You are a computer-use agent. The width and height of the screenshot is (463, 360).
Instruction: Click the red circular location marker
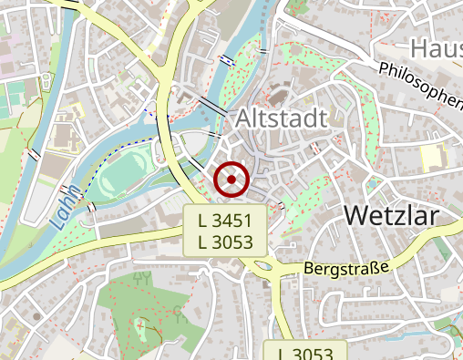pos(231,180)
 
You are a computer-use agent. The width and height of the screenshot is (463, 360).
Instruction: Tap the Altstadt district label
pos(281,118)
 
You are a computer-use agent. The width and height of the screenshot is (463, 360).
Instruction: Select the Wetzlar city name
pos(392,216)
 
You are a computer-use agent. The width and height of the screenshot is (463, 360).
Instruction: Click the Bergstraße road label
pos(345,269)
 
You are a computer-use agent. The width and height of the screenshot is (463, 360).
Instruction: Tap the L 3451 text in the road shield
pos(231,220)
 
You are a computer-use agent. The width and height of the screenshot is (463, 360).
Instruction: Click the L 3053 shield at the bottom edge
pos(304,352)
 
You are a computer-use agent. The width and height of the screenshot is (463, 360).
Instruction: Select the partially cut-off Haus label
pos(436,47)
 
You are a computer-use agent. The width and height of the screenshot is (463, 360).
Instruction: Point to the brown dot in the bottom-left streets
pos(36,316)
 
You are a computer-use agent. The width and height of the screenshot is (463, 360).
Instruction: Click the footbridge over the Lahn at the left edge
pos(33,154)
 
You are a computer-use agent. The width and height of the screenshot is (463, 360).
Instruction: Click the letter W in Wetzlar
pos(357,216)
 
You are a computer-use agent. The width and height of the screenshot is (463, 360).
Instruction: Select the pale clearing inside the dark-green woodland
pos(140,328)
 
